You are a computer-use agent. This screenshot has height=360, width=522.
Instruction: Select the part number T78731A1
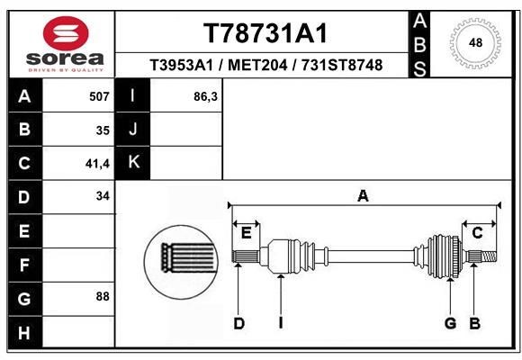pyautogui.click(x=265, y=33)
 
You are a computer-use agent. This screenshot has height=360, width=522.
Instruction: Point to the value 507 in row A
pyautogui.click(x=99, y=96)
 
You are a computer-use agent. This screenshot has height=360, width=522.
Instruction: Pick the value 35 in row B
pyautogui.click(x=102, y=130)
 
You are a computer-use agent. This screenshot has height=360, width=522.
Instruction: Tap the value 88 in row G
pyautogui.click(x=102, y=296)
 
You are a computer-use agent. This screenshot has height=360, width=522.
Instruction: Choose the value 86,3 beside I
pyautogui.click(x=206, y=96)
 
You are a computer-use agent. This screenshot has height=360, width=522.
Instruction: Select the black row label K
pyautogui.click(x=134, y=163)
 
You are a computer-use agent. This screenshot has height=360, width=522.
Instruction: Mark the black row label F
pyautogui.click(x=24, y=265)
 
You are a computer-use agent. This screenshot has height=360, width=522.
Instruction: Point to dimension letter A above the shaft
pyautogui.click(x=364, y=195)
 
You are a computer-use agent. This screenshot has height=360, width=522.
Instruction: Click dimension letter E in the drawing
pyautogui.click(x=245, y=233)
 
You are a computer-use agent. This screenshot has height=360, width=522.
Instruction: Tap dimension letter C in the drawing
pyautogui.click(x=478, y=233)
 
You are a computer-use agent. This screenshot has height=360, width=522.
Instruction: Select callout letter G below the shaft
pyautogui.click(x=450, y=324)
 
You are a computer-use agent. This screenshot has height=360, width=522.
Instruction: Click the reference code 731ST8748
pyautogui.click(x=341, y=66)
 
